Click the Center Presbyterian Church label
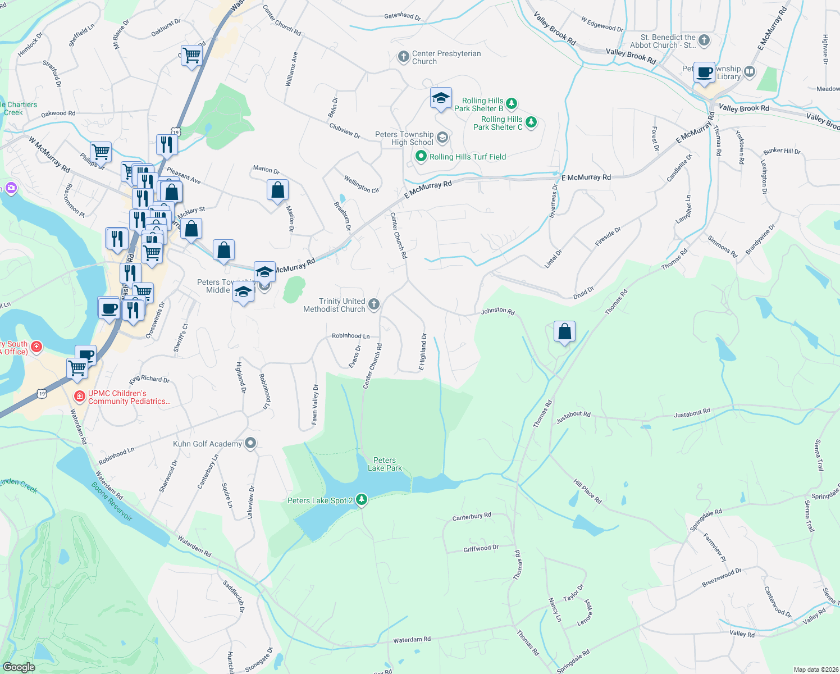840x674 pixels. (446, 57)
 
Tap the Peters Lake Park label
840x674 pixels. (385, 464)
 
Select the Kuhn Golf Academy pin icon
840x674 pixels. (250, 444)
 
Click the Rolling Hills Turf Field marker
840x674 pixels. (421, 157)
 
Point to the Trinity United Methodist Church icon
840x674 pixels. (374, 304)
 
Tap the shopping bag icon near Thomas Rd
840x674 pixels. (564, 332)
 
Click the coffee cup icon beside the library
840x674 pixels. (704, 72)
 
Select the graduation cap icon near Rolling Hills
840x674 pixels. (441, 98)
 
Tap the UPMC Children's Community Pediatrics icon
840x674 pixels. (80, 397)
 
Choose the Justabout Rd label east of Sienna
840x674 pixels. (692, 413)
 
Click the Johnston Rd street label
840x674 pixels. (497, 311)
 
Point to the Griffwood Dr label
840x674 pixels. (481, 549)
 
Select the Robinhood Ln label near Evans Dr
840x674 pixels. (350, 336)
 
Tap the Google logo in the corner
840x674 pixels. (19, 667)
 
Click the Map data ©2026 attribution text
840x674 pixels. (814, 670)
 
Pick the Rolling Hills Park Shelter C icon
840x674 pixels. (531, 122)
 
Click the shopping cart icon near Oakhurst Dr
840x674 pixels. (192, 55)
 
